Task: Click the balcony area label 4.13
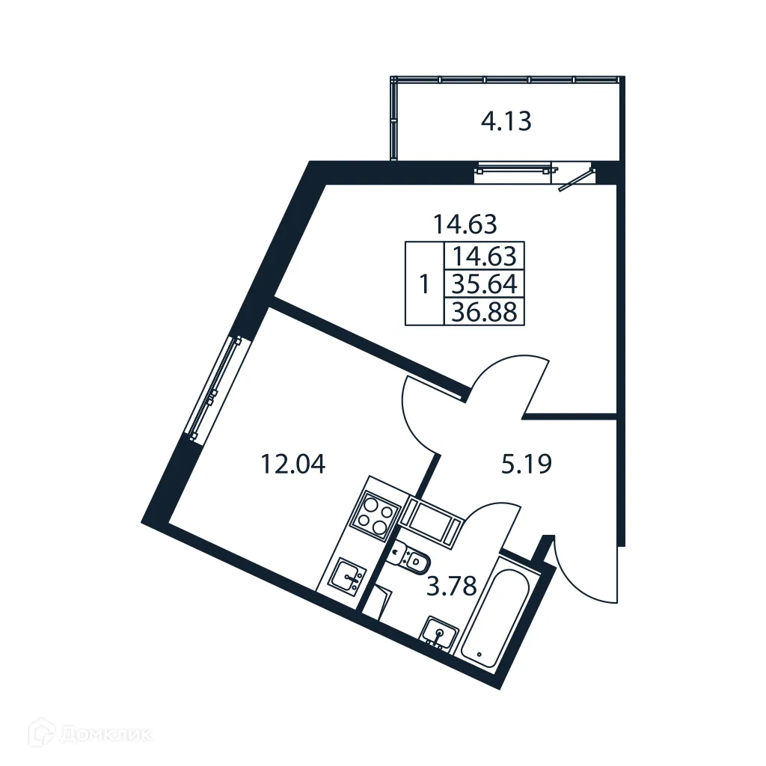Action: (x=506, y=121)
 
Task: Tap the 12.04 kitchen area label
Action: (x=292, y=465)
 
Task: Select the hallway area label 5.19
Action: (x=525, y=465)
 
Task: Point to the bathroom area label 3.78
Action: (x=451, y=586)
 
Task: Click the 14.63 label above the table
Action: (x=465, y=222)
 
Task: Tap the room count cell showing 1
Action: (x=425, y=284)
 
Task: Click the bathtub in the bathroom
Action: (x=496, y=616)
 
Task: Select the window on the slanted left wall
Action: (x=215, y=387)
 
